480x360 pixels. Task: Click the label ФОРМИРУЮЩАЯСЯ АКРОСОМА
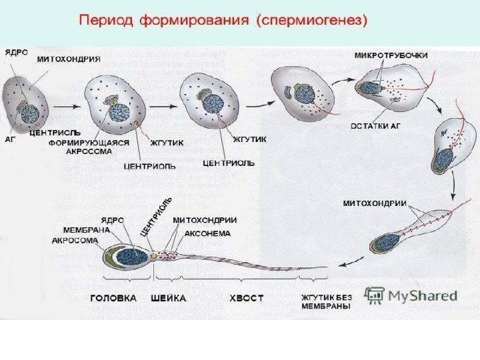(x=97, y=147)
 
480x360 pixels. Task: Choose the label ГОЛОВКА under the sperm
(x=113, y=298)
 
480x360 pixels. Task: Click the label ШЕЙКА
(x=169, y=298)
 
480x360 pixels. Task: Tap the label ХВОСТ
(x=247, y=298)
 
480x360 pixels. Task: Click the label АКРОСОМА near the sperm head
(x=75, y=241)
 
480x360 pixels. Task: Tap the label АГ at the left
(x=11, y=139)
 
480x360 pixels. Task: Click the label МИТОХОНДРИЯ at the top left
(x=68, y=58)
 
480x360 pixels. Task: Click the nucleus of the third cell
(x=213, y=103)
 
